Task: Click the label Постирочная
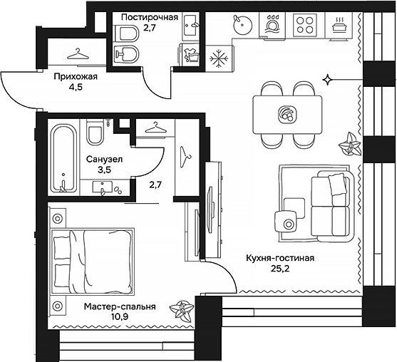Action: (x=148, y=18)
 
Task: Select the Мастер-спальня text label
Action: (x=119, y=307)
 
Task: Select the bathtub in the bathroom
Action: (x=63, y=158)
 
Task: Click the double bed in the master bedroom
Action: (x=93, y=256)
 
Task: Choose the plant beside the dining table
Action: (x=350, y=144)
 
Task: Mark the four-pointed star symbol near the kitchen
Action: (x=327, y=77)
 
